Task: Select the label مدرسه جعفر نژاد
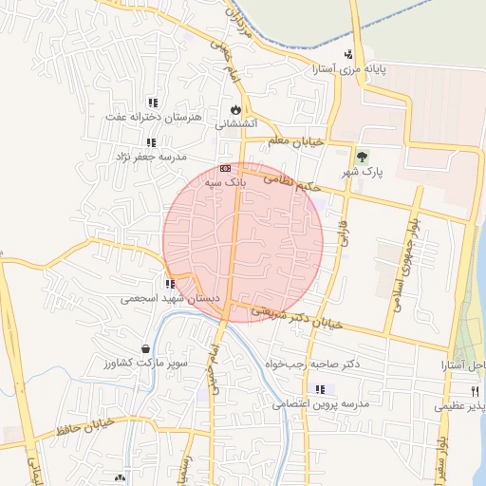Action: [x=152, y=156]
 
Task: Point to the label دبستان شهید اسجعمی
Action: [x=171, y=298]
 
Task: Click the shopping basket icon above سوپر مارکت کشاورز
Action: [x=143, y=349]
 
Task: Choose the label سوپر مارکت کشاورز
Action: [x=146, y=364]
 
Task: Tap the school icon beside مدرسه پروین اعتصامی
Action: [x=320, y=389]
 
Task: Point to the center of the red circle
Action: [x=243, y=243]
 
